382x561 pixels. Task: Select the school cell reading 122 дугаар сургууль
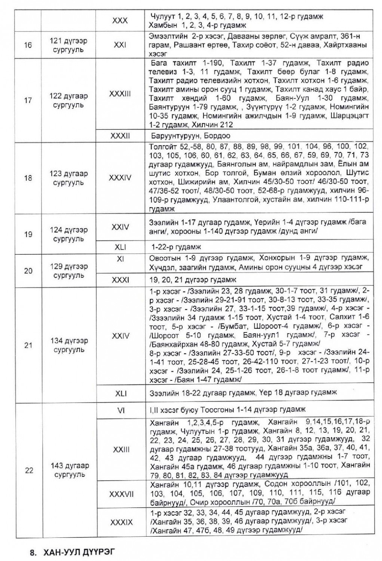click(x=69, y=100)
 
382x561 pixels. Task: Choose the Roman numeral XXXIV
click(x=120, y=178)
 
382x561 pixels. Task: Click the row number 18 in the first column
click(x=28, y=178)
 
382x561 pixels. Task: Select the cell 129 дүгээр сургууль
click(x=69, y=271)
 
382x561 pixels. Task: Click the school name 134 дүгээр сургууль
click(x=69, y=345)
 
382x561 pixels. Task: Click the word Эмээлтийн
click(x=166, y=36)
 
